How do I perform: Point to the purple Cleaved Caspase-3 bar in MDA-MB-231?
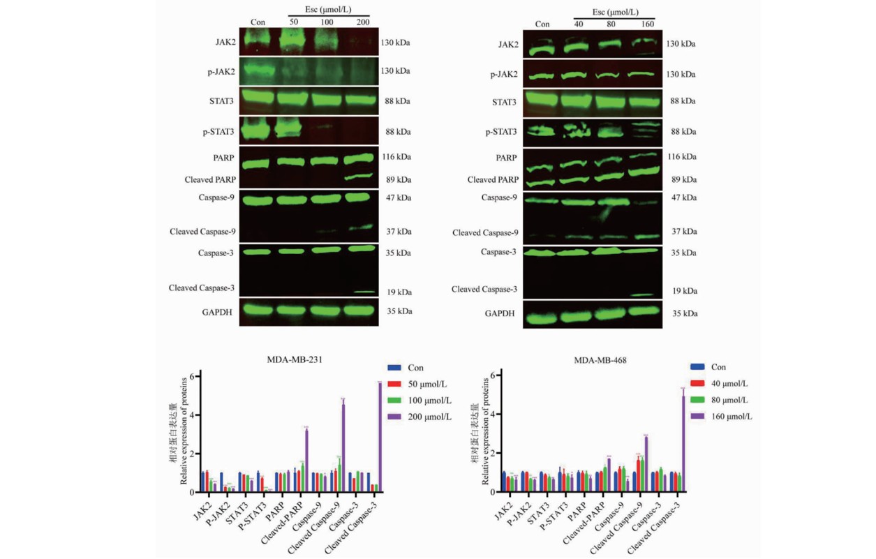tap(380, 436)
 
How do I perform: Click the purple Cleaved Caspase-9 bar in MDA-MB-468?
tap(646, 464)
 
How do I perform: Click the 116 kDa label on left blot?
tap(396, 158)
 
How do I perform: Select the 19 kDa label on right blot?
tap(684, 290)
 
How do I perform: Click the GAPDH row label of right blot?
tap(501, 313)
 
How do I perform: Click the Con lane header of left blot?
tap(258, 23)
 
